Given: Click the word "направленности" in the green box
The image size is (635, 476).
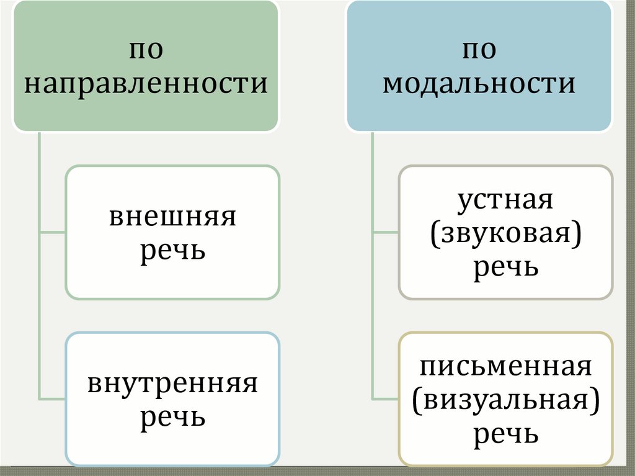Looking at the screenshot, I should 146,83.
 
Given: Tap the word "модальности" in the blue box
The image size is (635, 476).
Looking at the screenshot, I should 478,83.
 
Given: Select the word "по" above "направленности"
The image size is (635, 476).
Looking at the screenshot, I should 146,50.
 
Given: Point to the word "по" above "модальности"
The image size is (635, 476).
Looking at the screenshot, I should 478,50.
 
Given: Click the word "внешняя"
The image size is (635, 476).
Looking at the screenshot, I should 172,217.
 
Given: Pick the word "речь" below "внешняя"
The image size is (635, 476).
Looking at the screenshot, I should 172,252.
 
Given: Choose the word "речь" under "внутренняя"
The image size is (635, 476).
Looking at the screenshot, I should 172,417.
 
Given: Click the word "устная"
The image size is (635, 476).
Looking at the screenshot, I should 505,200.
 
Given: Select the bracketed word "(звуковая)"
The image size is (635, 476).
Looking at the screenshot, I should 505,235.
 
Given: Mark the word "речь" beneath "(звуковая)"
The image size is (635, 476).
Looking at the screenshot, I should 505,268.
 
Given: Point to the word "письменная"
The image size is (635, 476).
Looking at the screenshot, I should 505,366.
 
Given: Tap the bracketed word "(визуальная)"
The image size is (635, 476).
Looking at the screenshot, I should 505,400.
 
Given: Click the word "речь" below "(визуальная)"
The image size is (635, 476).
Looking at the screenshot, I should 505,434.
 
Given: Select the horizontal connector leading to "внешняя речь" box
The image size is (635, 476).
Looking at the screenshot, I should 52,233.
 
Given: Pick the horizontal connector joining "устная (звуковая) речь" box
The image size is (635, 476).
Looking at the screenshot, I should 385,233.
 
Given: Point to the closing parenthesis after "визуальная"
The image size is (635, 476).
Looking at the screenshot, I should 595,402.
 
